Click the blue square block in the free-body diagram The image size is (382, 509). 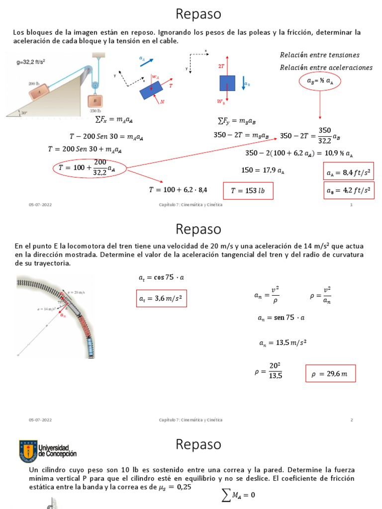coord(227,83)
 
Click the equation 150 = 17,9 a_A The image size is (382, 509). coord(263,170)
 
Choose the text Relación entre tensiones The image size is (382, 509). coord(319,55)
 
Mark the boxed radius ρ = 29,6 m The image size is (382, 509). coord(330,373)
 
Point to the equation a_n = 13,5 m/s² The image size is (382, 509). coord(282,343)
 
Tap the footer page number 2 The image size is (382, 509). coord(351,420)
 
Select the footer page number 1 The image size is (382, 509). coord(351,205)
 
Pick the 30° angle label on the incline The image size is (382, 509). coord(24,113)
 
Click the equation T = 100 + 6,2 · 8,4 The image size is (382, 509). coord(178,189)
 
